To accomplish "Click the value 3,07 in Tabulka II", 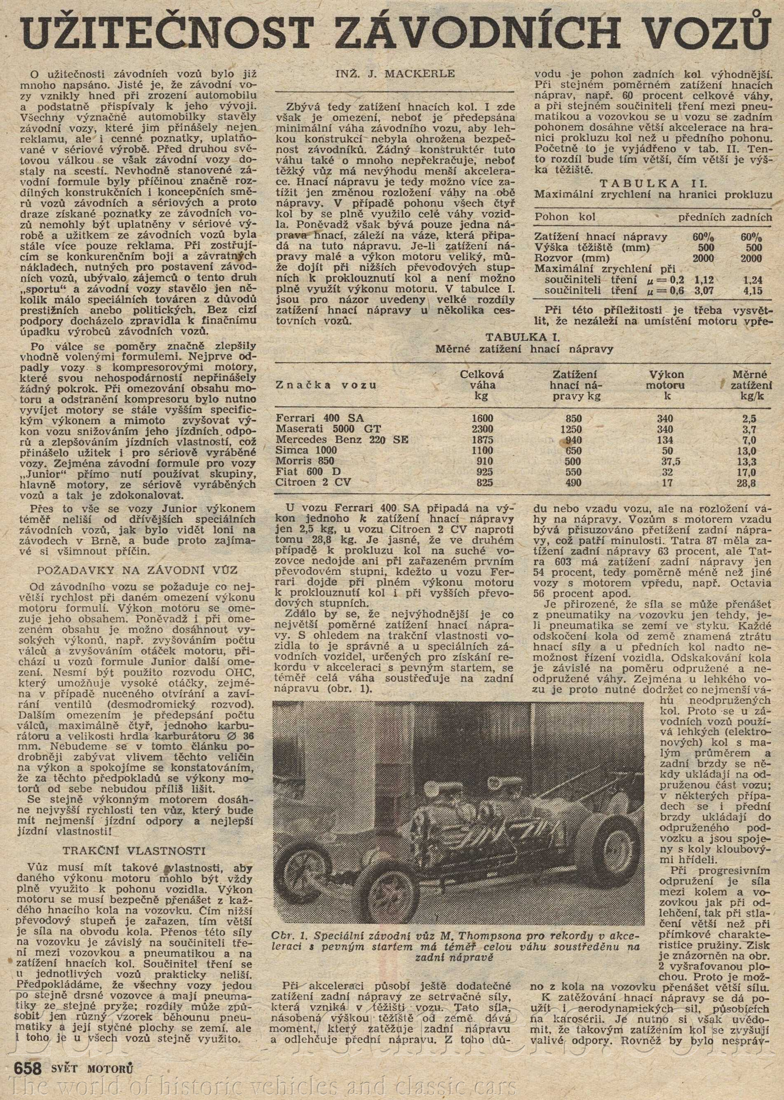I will (x=703, y=291).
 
